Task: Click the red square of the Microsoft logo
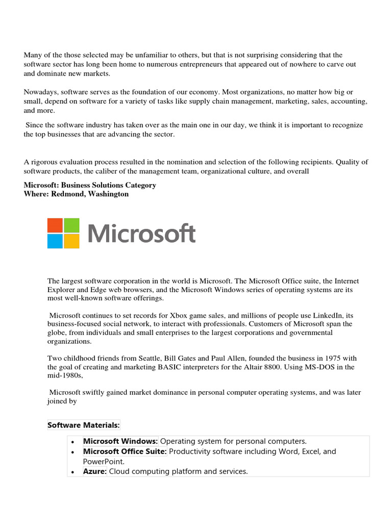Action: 55,225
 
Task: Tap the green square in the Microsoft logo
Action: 71,225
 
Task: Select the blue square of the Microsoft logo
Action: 55,241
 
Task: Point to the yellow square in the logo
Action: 71,241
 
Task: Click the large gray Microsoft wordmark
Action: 141,234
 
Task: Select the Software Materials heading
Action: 84,425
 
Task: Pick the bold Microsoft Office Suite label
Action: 125,451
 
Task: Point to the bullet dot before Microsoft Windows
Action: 74,441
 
